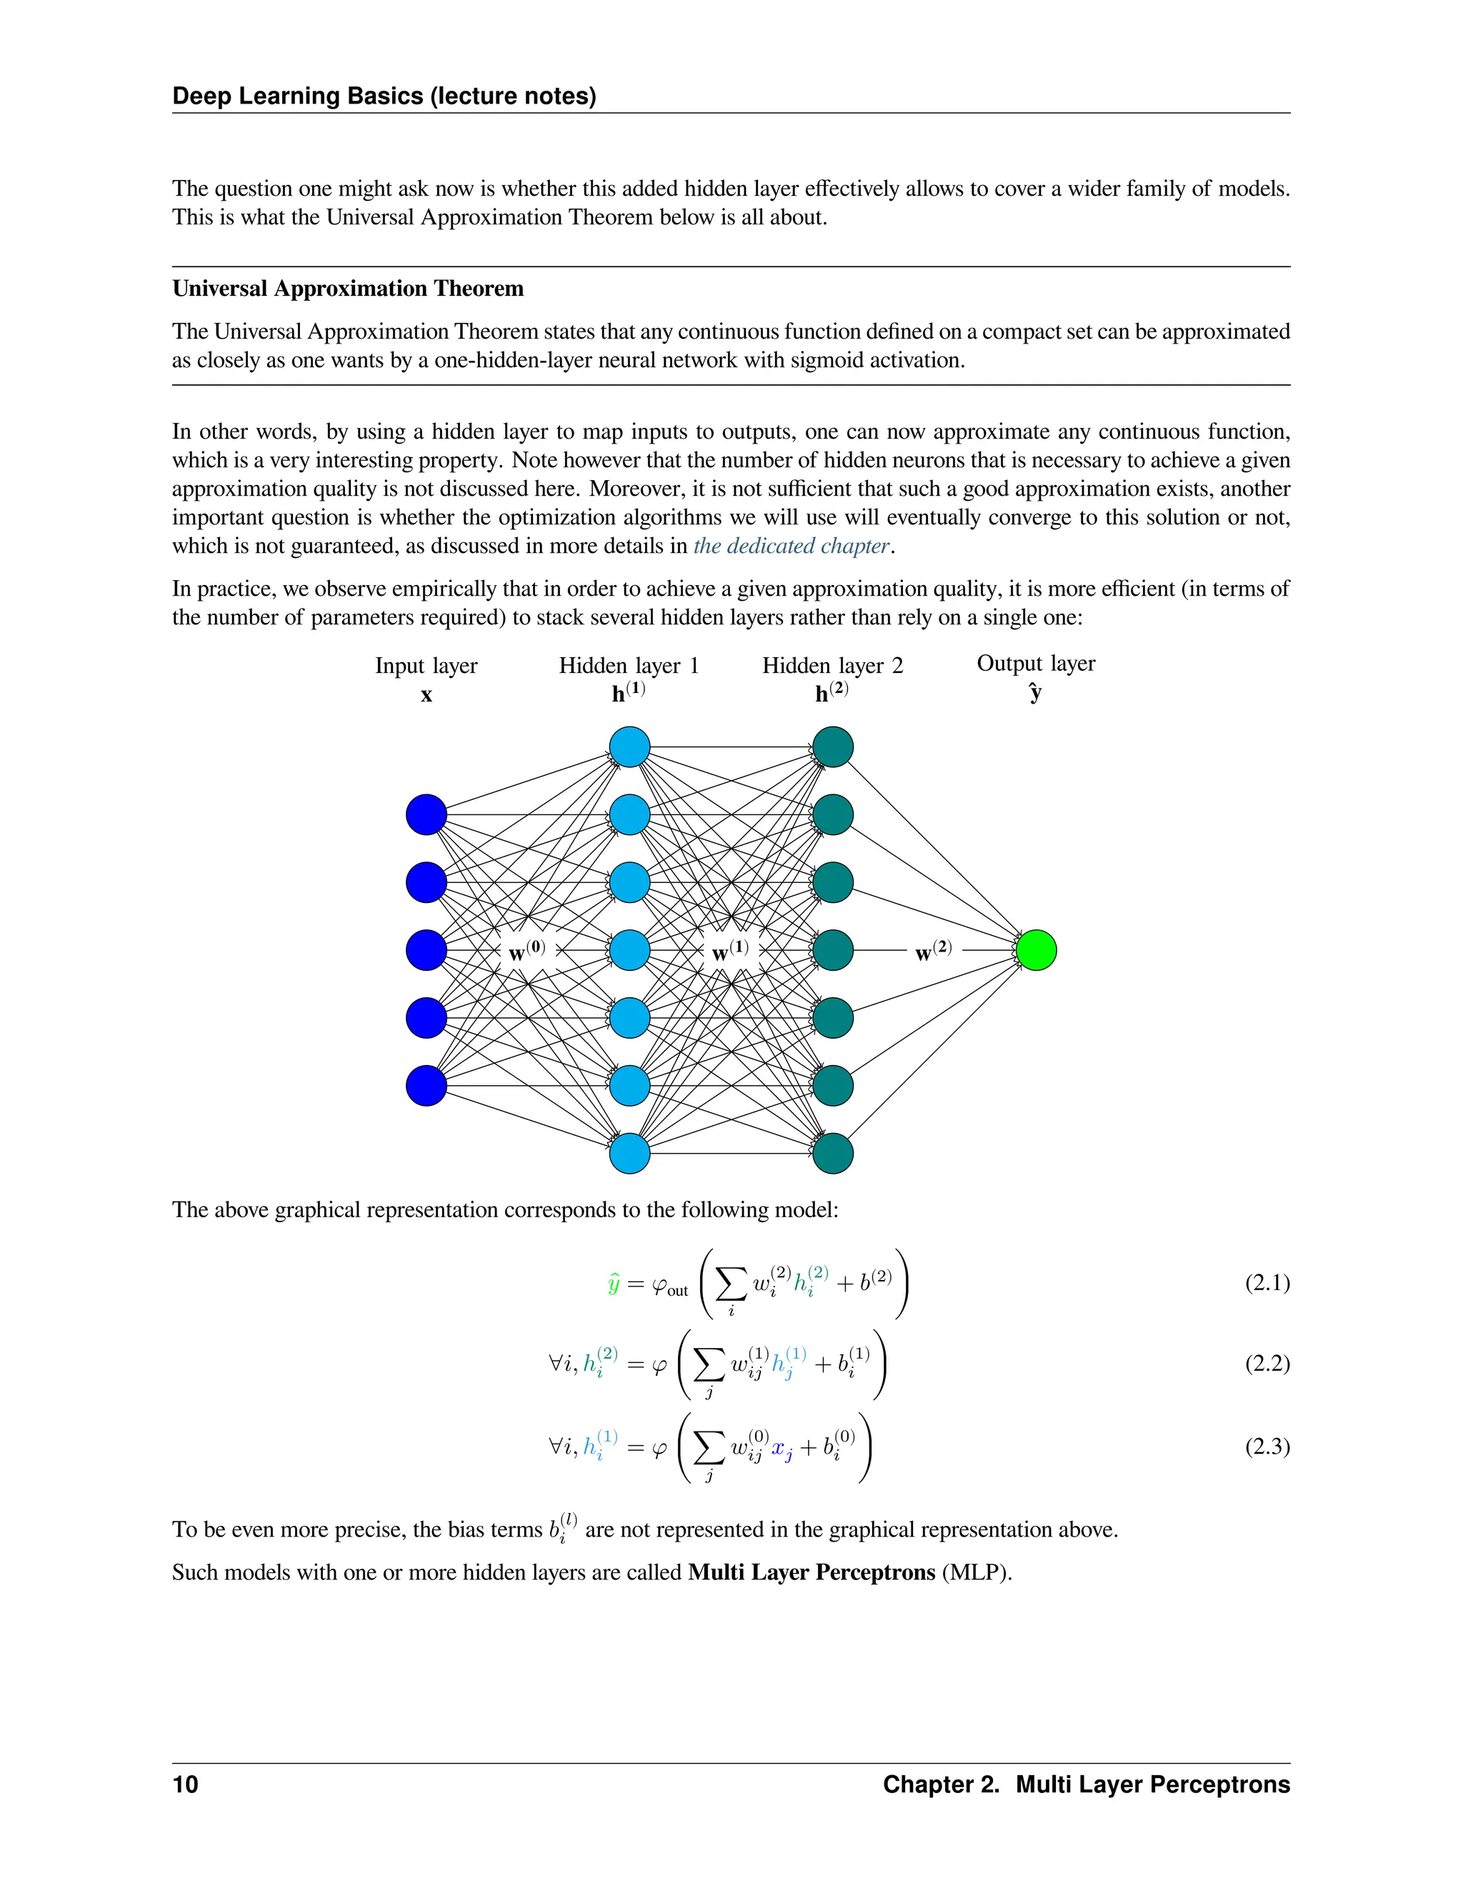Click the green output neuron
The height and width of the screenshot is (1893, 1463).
click(x=1036, y=950)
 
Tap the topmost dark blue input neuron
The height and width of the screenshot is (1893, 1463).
click(x=426, y=815)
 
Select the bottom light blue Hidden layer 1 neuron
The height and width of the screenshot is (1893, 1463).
click(x=629, y=1154)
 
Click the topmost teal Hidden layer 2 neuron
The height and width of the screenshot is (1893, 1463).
click(x=833, y=747)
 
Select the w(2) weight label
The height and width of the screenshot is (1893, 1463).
click(x=934, y=951)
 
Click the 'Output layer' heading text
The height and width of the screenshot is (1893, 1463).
click(x=1036, y=663)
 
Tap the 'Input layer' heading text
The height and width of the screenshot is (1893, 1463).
click(x=426, y=666)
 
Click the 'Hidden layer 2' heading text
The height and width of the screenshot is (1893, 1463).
click(x=832, y=666)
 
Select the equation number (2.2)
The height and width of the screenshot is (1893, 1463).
click(x=1267, y=1364)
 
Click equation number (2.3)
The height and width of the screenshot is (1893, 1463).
click(x=1267, y=1447)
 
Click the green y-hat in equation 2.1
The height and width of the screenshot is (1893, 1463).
click(x=614, y=1284)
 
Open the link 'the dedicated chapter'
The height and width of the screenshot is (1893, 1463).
click(x=792, y=546)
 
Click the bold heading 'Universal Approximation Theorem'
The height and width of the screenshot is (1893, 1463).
click(x=348, y=289)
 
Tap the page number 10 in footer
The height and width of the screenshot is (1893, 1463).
click(x=186, y=1784)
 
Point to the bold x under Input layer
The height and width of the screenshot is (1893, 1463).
click(x=426, y=695)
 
